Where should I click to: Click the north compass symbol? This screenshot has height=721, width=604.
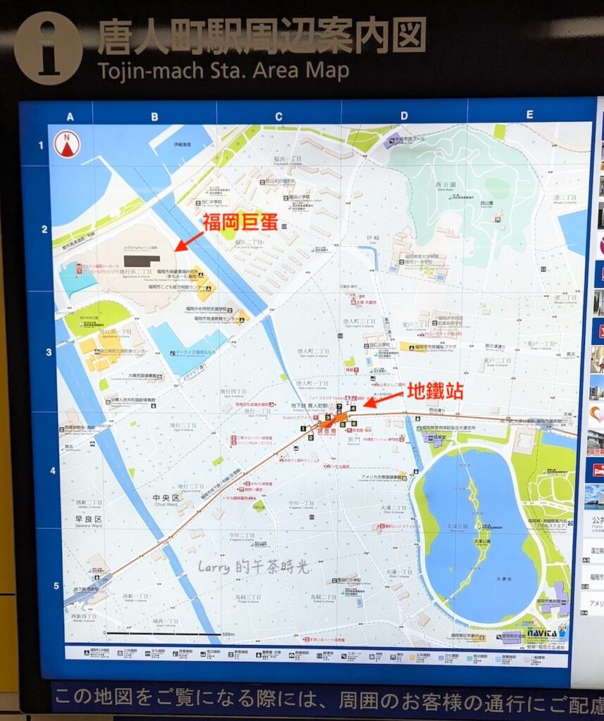click(x=67, y=145)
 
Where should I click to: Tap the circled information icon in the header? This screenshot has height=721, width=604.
click(x=48, y=48)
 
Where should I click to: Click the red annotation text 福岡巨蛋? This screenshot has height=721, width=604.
click(x=238, y=222)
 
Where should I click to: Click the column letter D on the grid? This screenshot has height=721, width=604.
click(x=404, y=117)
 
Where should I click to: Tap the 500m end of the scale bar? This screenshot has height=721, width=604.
click(x=227, y=634)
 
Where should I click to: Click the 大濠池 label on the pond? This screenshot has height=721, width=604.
click(x=503, y=579)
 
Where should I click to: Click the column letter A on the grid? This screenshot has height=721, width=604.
click(x=70, y=117)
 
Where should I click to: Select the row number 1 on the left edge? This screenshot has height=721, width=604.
click(x=42, y=146)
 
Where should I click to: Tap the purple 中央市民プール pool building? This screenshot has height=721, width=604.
click(x=393, y=139)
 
